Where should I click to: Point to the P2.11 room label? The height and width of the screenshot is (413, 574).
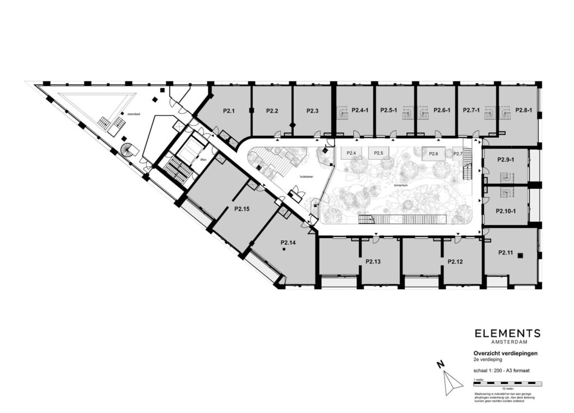(x=506, y=253)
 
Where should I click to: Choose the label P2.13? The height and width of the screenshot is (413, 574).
(x=373, y=262)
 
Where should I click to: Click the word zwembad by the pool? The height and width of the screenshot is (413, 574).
(x=133, y=114)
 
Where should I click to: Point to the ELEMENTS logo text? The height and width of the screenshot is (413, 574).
(x=507, y=333)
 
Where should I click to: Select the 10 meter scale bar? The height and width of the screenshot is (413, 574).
(x=507, y=383)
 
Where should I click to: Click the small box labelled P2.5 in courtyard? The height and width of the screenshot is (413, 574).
(x=378, y=153)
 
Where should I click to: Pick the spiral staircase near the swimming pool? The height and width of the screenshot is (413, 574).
(x=129, y=151)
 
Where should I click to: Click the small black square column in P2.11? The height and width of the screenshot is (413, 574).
(x=521, y=256)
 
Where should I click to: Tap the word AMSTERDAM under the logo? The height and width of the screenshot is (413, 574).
(x=507, y=342)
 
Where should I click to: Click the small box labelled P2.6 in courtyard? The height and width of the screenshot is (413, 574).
(x=433, y=154)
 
